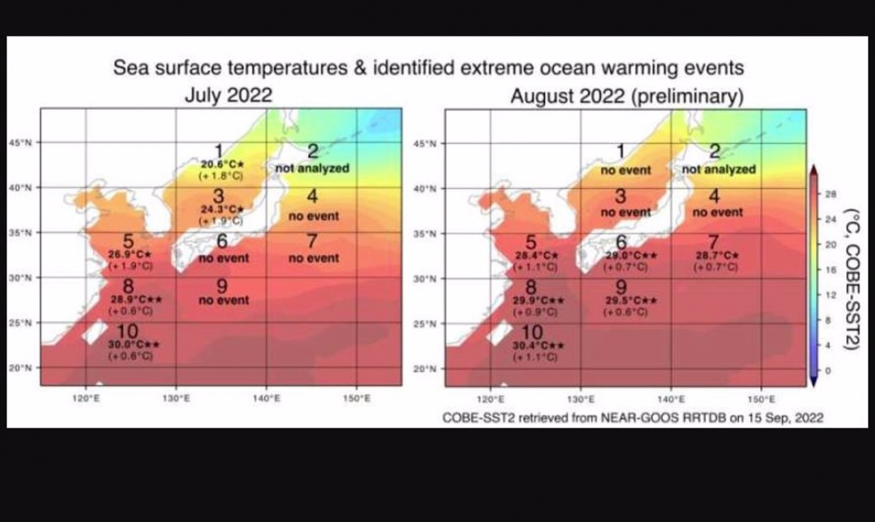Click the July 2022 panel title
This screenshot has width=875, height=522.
[228, 96]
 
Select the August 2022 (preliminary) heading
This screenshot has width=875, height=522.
[627, 96]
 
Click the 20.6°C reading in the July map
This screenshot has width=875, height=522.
[221, 164]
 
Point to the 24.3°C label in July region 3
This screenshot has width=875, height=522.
[221, 210]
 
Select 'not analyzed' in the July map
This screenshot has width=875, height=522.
[312, 168]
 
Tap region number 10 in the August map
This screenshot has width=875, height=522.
[532, 332]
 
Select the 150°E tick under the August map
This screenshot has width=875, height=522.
[761, 399]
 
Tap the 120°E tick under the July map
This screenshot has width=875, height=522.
[86, 398]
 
